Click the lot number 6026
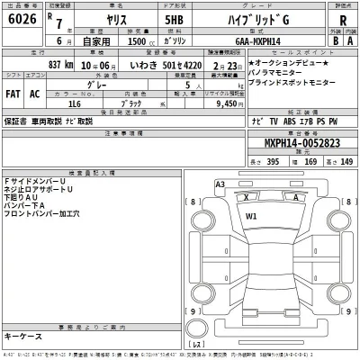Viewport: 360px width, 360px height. click(x=21, y=22)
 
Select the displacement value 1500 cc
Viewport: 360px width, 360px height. click(x=135, y=40)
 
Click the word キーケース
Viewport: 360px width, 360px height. click(x=24, y=335)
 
